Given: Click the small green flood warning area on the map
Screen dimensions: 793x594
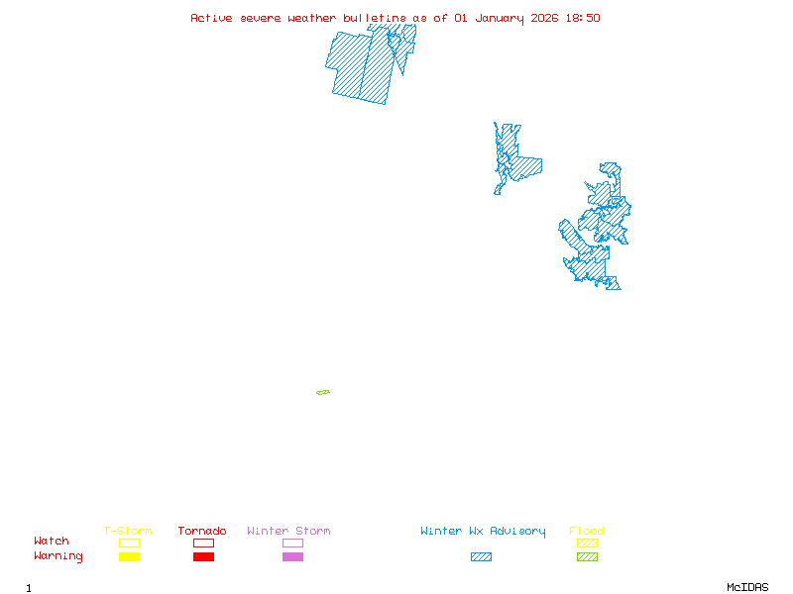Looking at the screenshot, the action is click(x=323, y=393).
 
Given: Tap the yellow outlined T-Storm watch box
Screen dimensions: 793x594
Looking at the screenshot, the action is click(x=129, y=543).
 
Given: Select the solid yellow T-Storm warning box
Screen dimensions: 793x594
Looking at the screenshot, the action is click(x=129, y=557).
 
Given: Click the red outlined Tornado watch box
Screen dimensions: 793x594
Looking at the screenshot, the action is click(x=203, y=543).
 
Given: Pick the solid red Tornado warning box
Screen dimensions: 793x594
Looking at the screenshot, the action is click(x=203, y=557).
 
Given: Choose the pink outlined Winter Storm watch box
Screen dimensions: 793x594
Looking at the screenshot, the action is click(x=292, y=543).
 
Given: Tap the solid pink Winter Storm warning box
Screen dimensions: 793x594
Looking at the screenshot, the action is click(x=292, y=557).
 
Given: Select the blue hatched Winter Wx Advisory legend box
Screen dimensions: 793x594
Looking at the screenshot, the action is click(x=481, y=557).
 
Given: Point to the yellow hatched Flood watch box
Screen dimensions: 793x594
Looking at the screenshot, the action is click(x=587, y=543).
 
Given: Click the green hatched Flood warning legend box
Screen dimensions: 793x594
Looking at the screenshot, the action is click(x=587, y=557).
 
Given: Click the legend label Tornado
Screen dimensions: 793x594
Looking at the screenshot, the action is click(x=202, y=532).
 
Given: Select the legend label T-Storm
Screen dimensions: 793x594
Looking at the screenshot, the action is click(x=128, y=532).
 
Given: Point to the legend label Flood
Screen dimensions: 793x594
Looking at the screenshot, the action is click(x=587, y=532).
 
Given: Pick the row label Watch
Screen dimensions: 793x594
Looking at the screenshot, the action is click(x=52, y=542).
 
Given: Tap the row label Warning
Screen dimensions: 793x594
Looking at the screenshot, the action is click(x=58, y=556).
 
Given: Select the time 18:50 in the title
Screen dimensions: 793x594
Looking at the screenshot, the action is click(x=583, y=18).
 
